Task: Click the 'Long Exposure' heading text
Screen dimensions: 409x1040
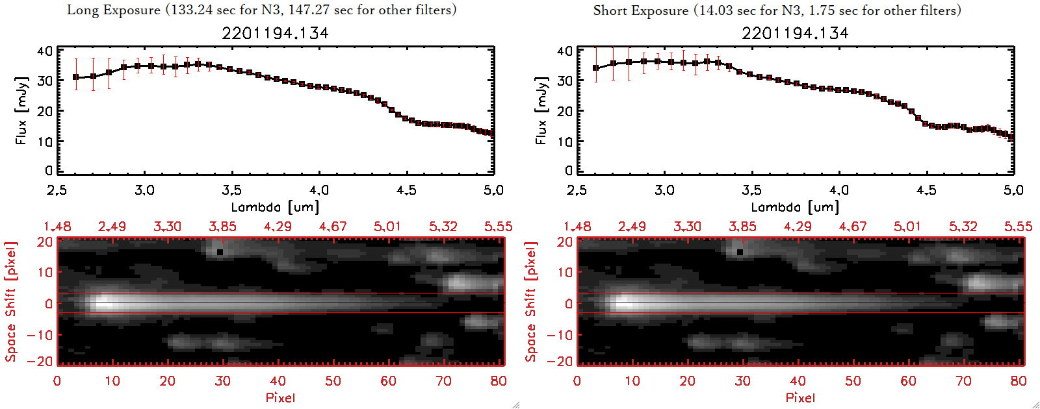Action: (114, 10)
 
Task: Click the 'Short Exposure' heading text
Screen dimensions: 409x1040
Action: (640, 10)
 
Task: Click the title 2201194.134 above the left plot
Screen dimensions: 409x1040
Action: (275, 33)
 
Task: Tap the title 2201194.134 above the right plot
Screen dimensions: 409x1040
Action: (795, 33)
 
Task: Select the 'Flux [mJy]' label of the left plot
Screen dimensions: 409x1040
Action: (21, 110)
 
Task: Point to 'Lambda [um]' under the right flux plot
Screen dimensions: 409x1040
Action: (795, 207)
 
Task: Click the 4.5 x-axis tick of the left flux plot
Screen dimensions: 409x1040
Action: (406, 190)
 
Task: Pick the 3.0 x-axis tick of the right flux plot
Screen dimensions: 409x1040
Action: (664, 190)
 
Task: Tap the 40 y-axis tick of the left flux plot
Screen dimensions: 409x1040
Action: (45, 51)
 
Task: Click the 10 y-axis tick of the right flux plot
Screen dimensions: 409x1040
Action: (565, 141)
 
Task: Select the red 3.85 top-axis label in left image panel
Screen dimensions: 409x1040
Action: (222, 227)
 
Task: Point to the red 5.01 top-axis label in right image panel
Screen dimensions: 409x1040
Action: (907, 227)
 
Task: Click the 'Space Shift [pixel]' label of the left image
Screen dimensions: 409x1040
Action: (11, 302)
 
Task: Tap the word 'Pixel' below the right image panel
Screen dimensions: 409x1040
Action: (800, 397)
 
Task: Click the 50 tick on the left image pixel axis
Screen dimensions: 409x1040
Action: (333, 381)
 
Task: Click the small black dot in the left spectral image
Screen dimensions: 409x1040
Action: (220, 252)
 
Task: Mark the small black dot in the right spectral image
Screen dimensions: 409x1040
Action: (740, 252)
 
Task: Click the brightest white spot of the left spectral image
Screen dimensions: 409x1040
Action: (103, 303)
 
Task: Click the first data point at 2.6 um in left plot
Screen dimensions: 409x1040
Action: (76, 77)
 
